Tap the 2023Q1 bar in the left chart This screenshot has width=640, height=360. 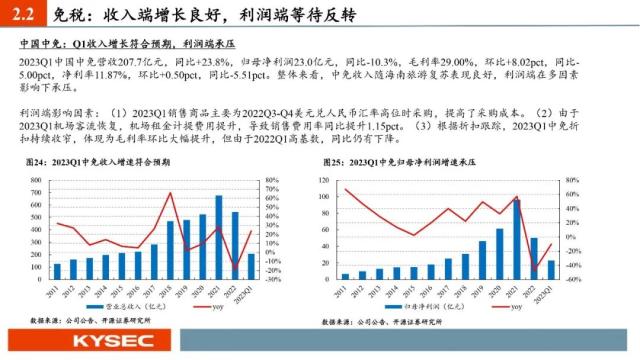(x=251, y=266)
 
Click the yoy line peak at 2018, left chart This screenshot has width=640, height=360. (x=170, y=193)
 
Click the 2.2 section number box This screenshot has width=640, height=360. (x=23, y=15)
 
